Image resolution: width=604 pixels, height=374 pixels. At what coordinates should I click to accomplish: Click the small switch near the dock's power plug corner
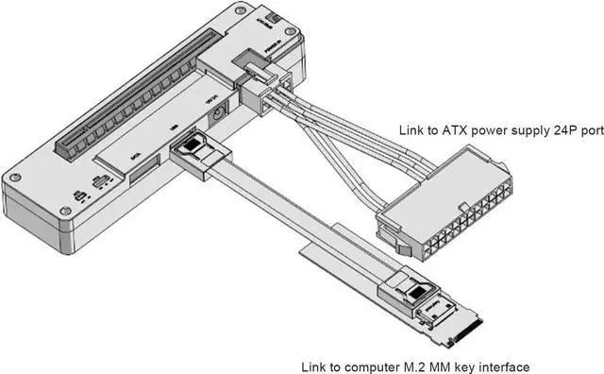coord(272,20)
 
